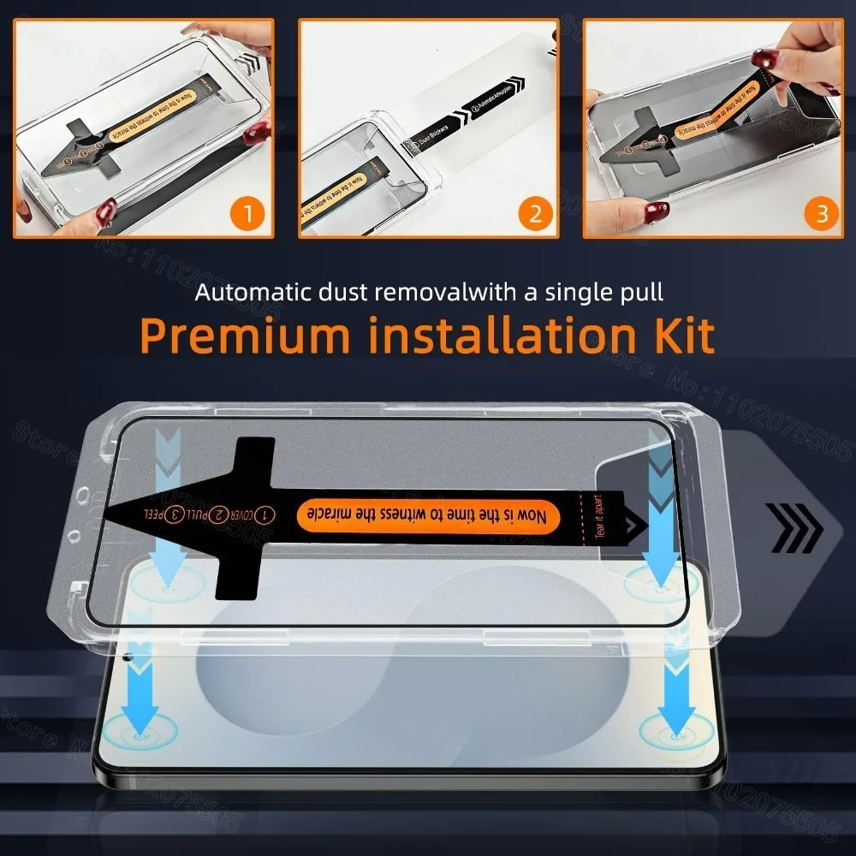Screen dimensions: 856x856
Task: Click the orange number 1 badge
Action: (x=247, y=212)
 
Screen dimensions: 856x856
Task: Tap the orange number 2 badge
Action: (x=535, y=212)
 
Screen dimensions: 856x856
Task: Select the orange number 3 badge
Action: (x=822, y=212)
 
